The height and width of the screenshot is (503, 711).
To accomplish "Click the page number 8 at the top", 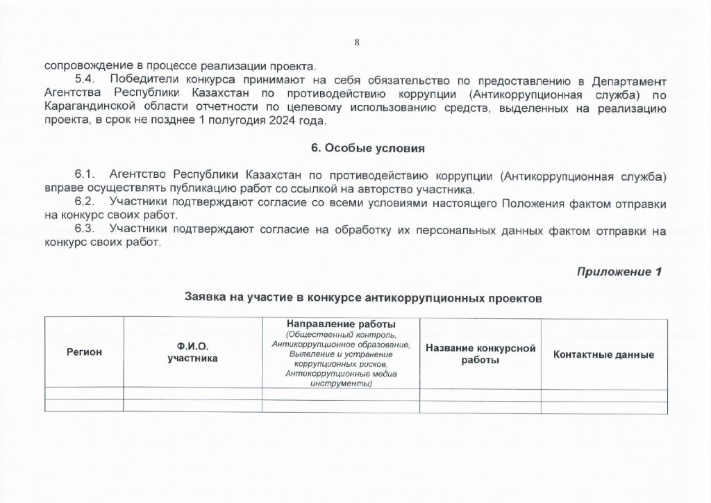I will [356, 42].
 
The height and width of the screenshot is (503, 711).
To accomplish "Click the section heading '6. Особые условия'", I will [355, 149].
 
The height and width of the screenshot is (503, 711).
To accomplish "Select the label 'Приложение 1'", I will [619, 272].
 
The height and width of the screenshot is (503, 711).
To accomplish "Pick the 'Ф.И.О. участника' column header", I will [192, 352].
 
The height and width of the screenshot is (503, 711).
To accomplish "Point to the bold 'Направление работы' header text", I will [341, 324].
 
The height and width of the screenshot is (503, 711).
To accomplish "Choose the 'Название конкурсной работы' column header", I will [480, 354].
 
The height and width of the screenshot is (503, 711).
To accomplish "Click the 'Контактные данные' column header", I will [603, 355].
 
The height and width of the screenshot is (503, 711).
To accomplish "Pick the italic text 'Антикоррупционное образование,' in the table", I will [341, 344].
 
